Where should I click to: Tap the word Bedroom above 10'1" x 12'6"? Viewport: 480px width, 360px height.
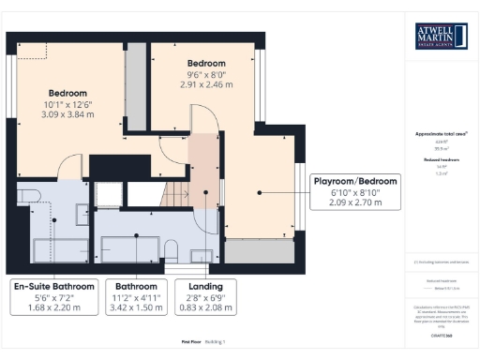pos(67,93)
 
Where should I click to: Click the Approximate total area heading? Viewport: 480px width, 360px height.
pos(441,134)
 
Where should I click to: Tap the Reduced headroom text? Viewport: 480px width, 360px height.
pos(441,161)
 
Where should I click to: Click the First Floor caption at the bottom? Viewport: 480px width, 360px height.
pos(192,343)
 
